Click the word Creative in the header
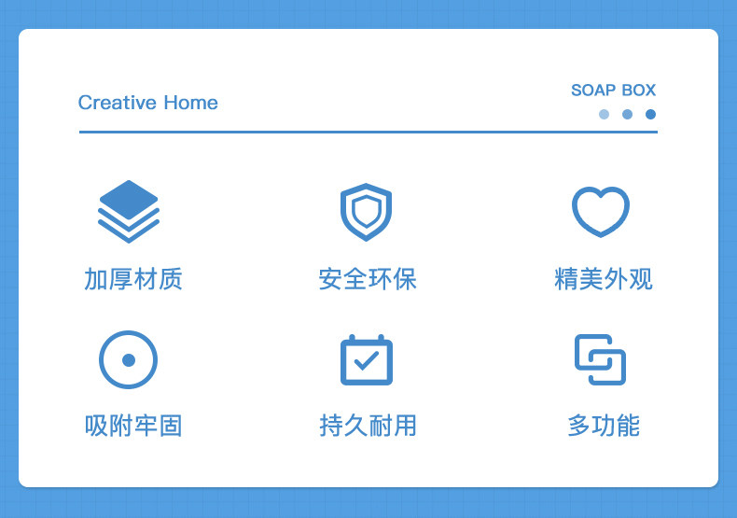tap(117, 103)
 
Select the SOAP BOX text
tap(613, 90)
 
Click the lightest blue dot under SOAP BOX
tap(604, 114)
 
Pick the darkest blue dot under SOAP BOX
tap(650, 114)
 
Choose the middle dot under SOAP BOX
tap(627, 114)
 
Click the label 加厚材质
tap(133, 279)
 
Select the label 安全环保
tap(368, 279)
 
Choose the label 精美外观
tap(604, 279)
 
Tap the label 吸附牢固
tap(133, 426)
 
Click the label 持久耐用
tap(368, 426)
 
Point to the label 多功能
tap(604, 426)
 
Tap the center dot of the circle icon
tap(129, 360)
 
